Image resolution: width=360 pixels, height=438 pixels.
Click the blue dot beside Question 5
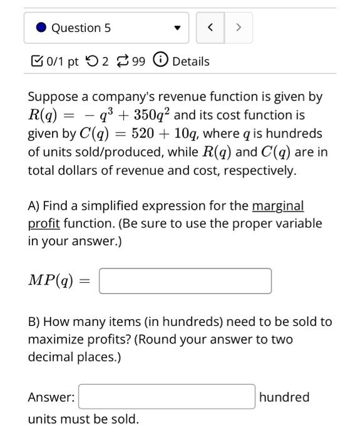pyautogui.click(x=41, y=28)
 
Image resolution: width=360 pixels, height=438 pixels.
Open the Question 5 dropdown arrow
pyautogui.click(x=177, y=28)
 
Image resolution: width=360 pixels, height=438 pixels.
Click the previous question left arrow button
pyautogui.click(x=210, y=28)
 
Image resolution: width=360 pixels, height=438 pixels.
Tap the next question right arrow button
pyautogui.click(x=239, y=28)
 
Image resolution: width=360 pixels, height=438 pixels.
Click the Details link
pyautogui.click(x=190, y=61)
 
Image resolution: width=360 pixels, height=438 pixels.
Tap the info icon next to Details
pyautogui.click(x=161, y=61)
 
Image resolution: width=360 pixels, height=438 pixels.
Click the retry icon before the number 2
pyautogui.click(x=91, y=61)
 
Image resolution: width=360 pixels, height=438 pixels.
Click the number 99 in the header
pyautogui.click(x=139, y=61)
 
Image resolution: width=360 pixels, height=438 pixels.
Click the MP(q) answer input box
pyautogui.click(x=185, y=281)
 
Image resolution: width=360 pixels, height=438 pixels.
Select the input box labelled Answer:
pyautogui.click(x=167, y=397)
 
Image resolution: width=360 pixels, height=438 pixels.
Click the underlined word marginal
pyautogui.click(x=277, y=206)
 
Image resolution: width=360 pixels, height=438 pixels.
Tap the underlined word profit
pyautogui.click(x=43, y=223)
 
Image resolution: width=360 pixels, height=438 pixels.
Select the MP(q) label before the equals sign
pyautogui.click(x=51, y=281)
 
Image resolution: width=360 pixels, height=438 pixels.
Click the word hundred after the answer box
pyautogui.click(x=284, y=397)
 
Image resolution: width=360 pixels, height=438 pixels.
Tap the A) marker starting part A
pyautogui.click(x=34, y=206)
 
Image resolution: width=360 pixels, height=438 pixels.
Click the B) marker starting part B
pyautogui.click(x=34, y=322)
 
